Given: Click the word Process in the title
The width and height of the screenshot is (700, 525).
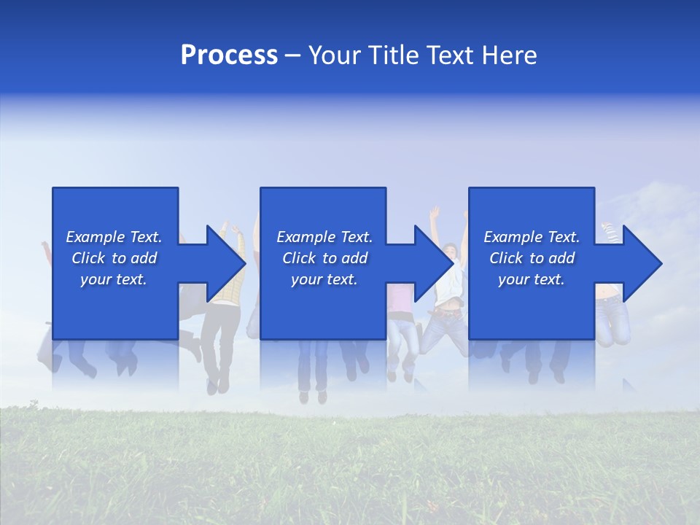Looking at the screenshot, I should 229,55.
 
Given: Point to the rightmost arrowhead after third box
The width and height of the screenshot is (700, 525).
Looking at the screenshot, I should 641,263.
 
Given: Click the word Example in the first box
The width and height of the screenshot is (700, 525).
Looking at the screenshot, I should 96,237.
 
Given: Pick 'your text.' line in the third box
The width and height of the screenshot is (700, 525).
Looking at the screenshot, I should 531,279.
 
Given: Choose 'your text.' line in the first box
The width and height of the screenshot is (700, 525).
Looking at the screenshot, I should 114,279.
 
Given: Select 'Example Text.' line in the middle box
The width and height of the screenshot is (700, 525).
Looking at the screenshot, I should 324,237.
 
